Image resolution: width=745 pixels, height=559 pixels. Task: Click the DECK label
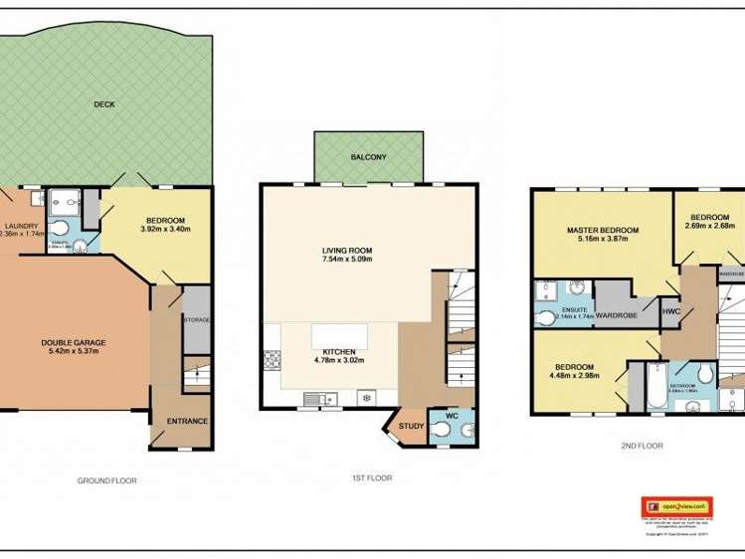click(x=103, y=103)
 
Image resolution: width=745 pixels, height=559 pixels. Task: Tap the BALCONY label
click(x=368, y=158)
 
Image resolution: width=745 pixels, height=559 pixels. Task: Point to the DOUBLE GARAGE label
click(x=74, y=343)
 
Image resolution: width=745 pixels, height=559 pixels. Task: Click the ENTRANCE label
click(x=187, y=421)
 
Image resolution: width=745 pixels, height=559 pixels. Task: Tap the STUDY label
click(x=411, y=427)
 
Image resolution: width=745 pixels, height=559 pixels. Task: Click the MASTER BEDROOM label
click(x=603, y=231)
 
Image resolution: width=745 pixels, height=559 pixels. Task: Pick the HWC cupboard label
click(x=671, y=311)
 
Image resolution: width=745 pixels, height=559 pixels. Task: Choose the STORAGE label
click(x=197, y=320)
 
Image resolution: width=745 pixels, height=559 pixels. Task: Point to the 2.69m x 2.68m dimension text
click(x=710, y=225)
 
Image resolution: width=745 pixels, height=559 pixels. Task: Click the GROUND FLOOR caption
click(x=107, y=480)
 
